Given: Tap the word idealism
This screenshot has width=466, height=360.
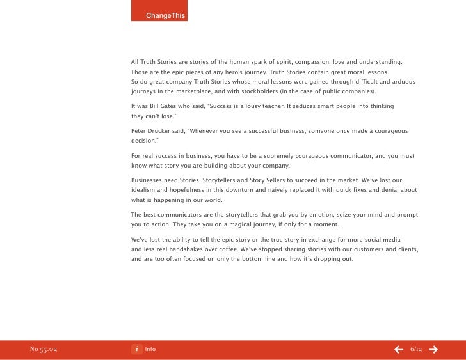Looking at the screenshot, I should click(x=145, y=190).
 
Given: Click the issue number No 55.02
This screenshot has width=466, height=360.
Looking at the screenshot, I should click(x=44, y=349).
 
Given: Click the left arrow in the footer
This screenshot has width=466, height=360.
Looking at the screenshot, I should click(x=399, y=349).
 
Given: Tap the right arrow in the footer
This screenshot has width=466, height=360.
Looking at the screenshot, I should click(x=433, y=349).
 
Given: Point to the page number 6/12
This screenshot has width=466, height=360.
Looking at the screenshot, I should click(x=416, y=349).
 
